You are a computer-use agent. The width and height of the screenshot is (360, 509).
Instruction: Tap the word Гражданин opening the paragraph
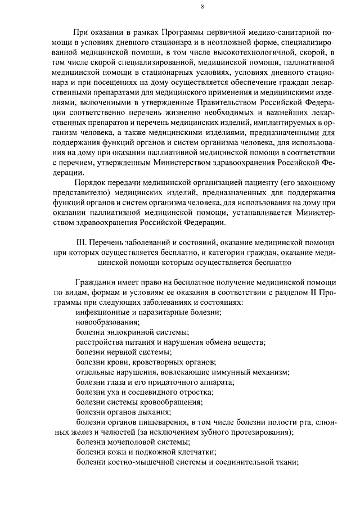click(96, 281)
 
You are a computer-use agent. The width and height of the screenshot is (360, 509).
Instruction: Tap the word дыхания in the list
click(157, 413)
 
